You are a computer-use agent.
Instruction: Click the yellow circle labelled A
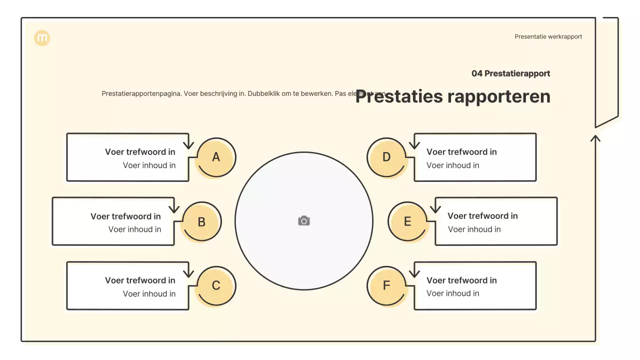[x=215, y=157]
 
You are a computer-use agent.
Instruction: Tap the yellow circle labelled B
[x=201, y=222]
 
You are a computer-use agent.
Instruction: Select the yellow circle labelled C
[x=215, y=285]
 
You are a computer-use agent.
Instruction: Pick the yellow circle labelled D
[x=386, y=157]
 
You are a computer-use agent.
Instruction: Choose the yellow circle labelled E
[x=407, y=221]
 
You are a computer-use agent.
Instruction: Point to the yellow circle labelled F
[x=386, y=285]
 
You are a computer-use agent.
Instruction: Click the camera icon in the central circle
[x=304, y=221]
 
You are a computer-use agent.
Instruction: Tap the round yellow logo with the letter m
[x=42, y=38]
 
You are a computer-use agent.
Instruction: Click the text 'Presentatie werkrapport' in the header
[x=548, y=36]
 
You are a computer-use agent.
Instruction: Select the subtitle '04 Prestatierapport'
[x=510, y=73]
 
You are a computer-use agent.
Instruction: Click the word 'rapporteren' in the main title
[x=500, y=96]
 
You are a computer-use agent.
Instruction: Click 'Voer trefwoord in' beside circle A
[x=140, y=152]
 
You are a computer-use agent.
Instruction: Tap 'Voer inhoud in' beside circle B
[x=134, y=229]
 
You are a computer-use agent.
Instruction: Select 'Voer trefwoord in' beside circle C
[x=140, y=280]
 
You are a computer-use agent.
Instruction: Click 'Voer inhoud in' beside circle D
[x=452, y=165]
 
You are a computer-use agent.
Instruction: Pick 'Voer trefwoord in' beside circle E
[x=482, y=216]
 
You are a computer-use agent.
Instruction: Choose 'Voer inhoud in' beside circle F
[x=452, y=293]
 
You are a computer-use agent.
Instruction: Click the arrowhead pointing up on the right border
[x=595, y=137]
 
